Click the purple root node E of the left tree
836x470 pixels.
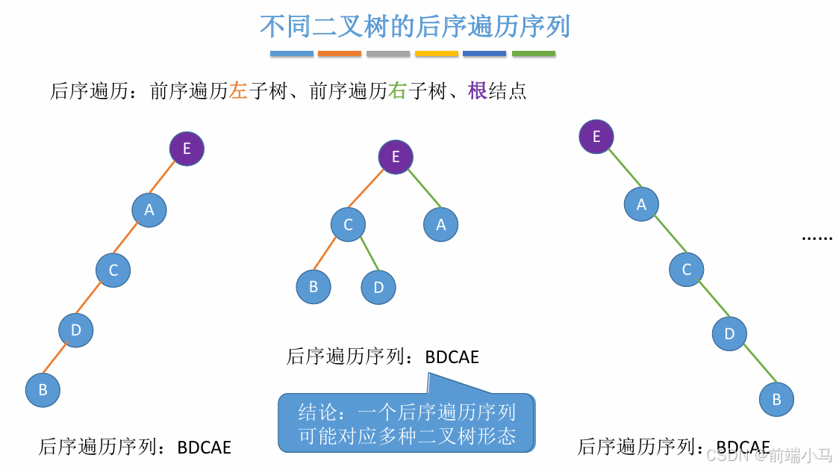click(187, 149)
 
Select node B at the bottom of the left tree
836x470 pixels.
click(43, 389)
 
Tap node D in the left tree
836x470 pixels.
click(76, 330)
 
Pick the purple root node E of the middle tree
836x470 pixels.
click(396, 157)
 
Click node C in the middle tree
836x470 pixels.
click(348, 224)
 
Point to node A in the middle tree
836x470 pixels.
click(441, 224)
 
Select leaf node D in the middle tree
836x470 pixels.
click(378, 287)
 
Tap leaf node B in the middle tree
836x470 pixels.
click(313, 287)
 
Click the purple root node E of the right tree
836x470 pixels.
click(596, 137)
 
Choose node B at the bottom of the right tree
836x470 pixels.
click(776, 399)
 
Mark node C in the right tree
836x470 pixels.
click(687, 270)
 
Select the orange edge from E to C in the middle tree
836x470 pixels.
click(372, 191)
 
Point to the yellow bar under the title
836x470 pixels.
click(437, 54)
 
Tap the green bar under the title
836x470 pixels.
click(534, 54)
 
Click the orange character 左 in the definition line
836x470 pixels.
click(238, 91)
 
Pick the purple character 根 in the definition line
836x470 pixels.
click(477, 91)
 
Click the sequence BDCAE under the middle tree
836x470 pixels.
click(452, 357)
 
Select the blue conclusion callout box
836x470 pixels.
click(407, 424)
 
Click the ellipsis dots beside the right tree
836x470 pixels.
click(817, 238)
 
